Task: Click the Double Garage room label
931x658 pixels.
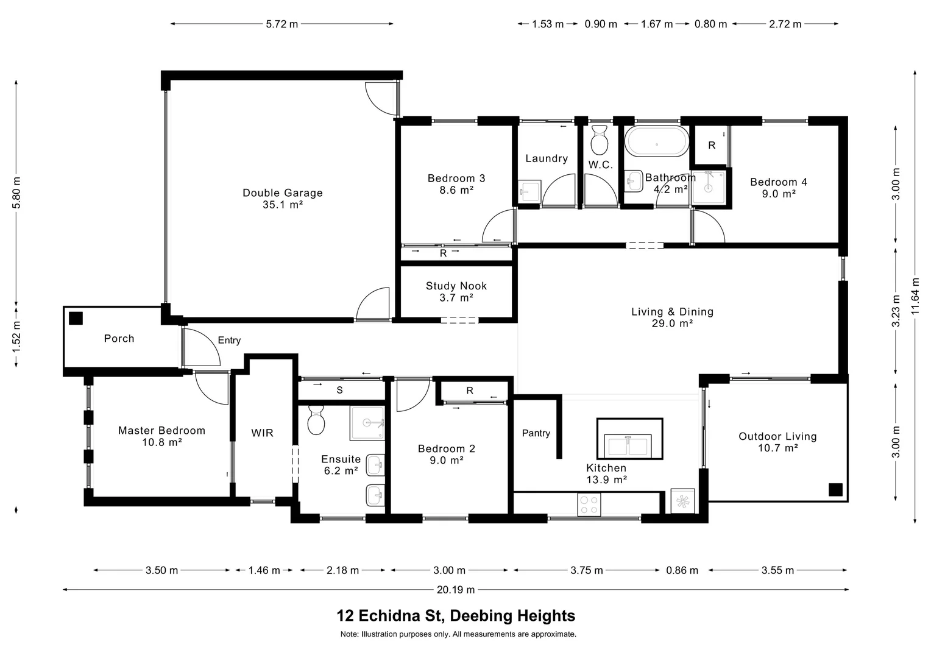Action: coord(283,199)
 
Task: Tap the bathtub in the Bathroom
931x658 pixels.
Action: coord(657,141)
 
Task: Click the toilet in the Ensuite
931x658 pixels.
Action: coord(316,420)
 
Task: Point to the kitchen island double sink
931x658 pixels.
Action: coord(628,445)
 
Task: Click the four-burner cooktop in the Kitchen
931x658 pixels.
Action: coord(589,504)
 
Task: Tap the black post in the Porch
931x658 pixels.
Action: coord(76,319)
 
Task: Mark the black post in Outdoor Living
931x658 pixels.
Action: coord(835,490)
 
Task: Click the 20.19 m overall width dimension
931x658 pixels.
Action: coord(456,589)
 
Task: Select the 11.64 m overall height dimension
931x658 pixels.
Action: coord(915,297)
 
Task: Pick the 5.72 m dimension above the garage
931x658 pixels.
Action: coord(281,24)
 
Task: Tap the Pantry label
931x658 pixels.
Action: coord(536,434)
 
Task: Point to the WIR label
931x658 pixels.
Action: coord(262,433)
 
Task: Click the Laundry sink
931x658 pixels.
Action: coord(529,191)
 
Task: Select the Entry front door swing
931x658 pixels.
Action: coord(201,347)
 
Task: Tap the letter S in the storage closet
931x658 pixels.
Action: coord(339,391)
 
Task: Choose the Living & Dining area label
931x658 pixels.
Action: coord(672,317)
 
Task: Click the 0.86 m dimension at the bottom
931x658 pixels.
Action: coord(682,570)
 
